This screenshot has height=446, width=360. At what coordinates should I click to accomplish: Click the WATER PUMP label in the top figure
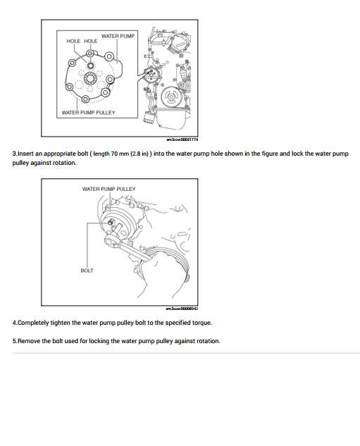pos(118,35)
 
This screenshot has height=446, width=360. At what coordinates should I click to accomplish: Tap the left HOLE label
pos(73,42)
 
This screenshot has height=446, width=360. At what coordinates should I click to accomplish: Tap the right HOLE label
pos(91,42)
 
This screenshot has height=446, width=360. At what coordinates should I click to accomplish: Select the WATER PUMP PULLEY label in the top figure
pos(88,112)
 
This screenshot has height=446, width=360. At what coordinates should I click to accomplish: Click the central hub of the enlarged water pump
pos(89,76)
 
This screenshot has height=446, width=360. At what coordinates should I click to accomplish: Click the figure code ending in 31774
pos(182,140)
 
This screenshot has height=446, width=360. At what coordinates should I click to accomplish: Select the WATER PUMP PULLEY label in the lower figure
pos(109,189)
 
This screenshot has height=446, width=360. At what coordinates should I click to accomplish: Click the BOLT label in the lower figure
pos(87,270)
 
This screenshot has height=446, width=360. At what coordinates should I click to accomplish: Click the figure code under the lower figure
pos(182,308)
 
